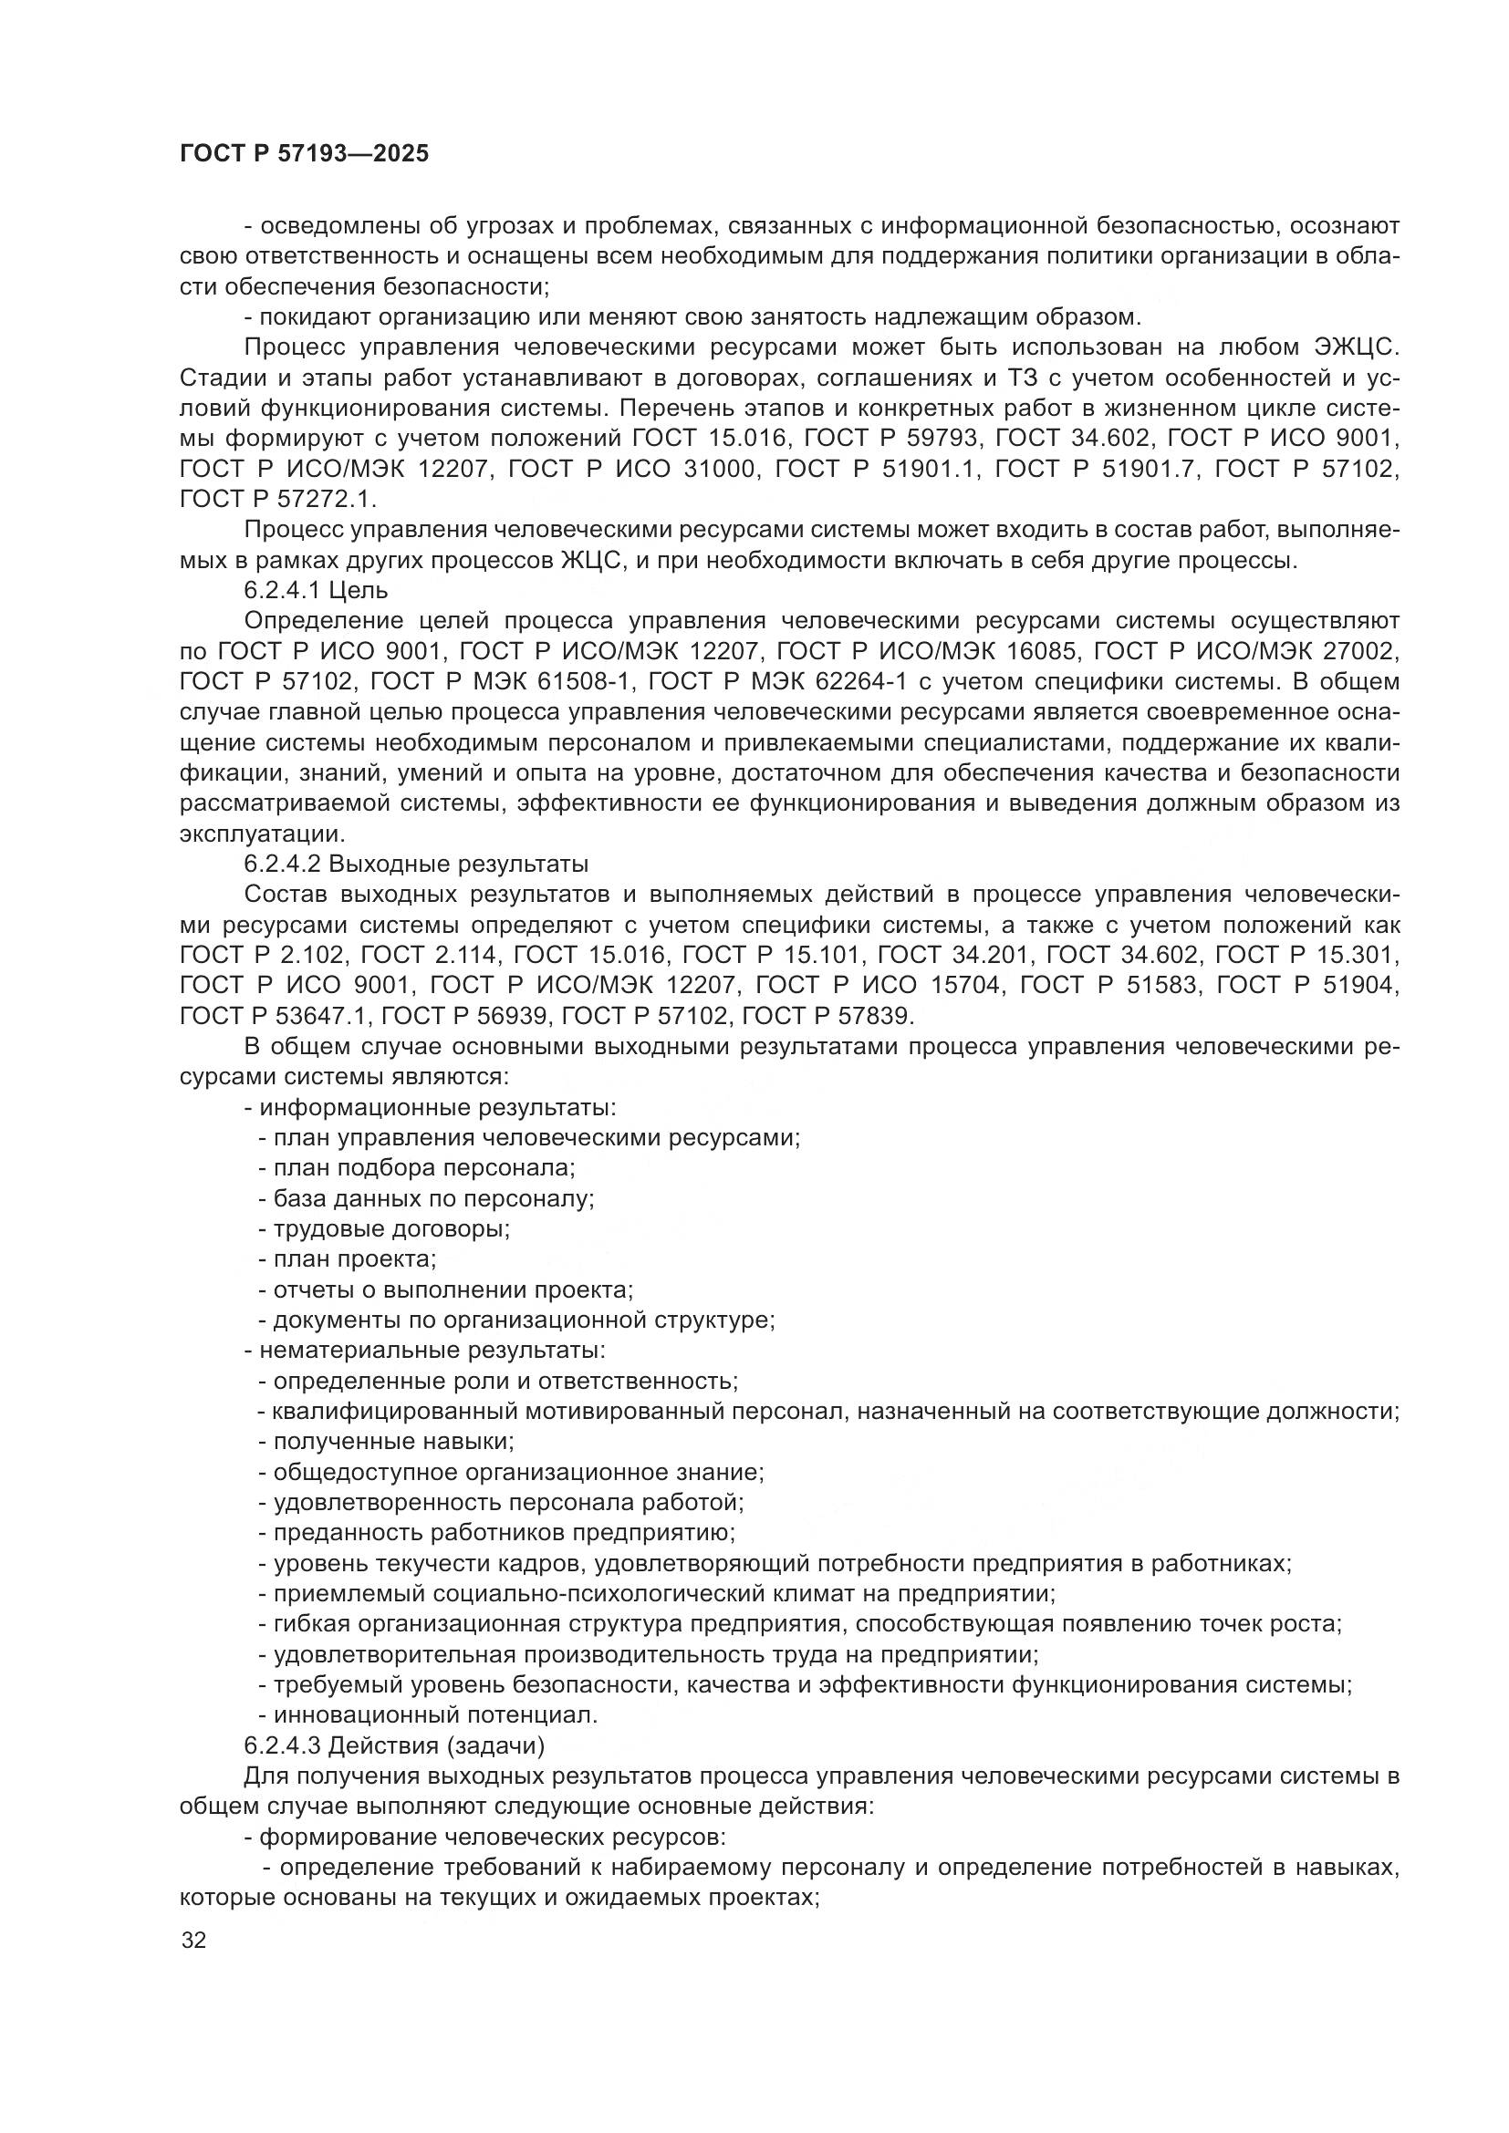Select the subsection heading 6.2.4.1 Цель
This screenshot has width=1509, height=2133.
316,591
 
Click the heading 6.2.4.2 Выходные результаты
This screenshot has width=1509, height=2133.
416,864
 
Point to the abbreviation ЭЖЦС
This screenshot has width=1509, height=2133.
1354,347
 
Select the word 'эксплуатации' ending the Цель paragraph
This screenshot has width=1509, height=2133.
262,834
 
